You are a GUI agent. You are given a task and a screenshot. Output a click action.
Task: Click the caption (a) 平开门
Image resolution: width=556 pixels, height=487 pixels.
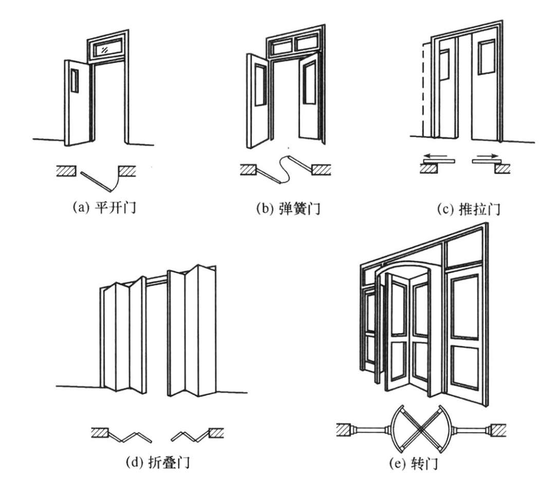[x=105, y=207]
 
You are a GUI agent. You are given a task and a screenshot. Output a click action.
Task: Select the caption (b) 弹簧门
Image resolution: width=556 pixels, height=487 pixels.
[x=288, y=208]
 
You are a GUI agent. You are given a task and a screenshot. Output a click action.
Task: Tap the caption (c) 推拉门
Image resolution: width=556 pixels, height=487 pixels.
[x=469, y=209]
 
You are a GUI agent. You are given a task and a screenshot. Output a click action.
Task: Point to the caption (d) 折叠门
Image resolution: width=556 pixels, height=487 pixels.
[x=158, y=462]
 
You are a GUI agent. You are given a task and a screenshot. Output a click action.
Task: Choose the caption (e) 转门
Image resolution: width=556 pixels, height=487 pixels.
[x=414, y=463]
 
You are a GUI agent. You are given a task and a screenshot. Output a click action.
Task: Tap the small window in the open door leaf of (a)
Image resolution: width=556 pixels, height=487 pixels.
[x=75, y=81]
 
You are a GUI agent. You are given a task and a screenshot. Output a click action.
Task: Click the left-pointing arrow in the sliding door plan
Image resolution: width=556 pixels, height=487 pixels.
[x=436, y=155]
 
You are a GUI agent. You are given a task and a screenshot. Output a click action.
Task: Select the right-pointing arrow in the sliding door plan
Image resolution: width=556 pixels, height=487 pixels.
[x=488, y=156]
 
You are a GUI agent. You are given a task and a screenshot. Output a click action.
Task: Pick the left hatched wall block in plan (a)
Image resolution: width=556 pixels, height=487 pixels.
[x=66, y=172]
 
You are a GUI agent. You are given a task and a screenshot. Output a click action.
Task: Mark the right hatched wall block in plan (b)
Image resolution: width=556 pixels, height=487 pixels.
[x=321, y=170]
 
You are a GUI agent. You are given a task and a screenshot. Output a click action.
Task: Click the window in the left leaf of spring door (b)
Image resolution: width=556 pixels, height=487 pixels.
[x=260, y=85]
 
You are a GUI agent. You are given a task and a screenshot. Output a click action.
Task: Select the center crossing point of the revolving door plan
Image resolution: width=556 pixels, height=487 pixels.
[x=421, y=429]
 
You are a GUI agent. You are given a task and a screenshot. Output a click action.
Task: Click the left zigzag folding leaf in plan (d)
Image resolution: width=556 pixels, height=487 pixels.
[x=130, y=437]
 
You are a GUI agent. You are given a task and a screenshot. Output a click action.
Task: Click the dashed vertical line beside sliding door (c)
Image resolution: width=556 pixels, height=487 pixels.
[x=423, y=90]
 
